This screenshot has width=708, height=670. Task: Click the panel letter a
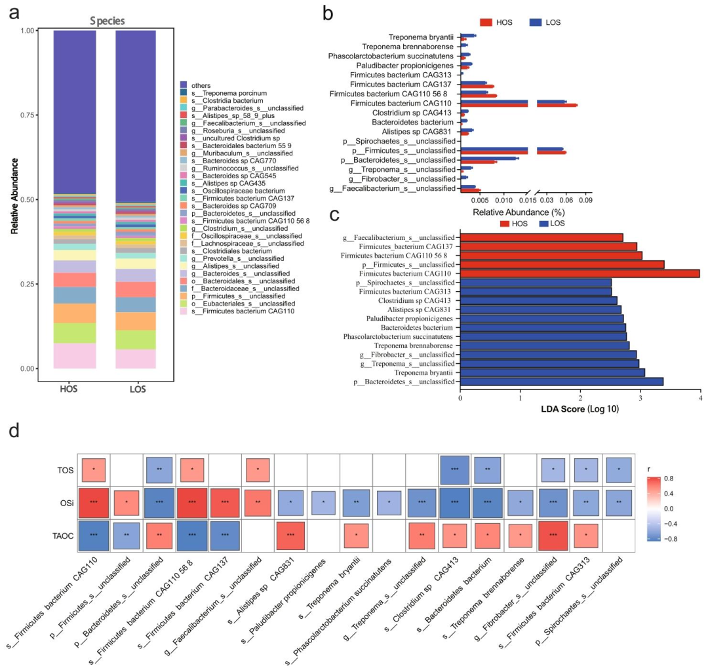click(15, 12)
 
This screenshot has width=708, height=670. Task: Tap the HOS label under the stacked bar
click(68, 389)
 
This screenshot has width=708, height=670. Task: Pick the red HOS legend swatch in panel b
click(485, 22)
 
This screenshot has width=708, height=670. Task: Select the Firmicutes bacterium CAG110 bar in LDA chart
click(580, 273)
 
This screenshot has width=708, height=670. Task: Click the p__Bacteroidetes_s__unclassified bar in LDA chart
click(562, 382)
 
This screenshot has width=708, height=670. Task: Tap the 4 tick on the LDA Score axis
click(700, 397)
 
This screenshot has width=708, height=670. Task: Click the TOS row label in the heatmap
click(61, 470)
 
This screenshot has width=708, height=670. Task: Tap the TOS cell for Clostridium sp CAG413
click(455, 470)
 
